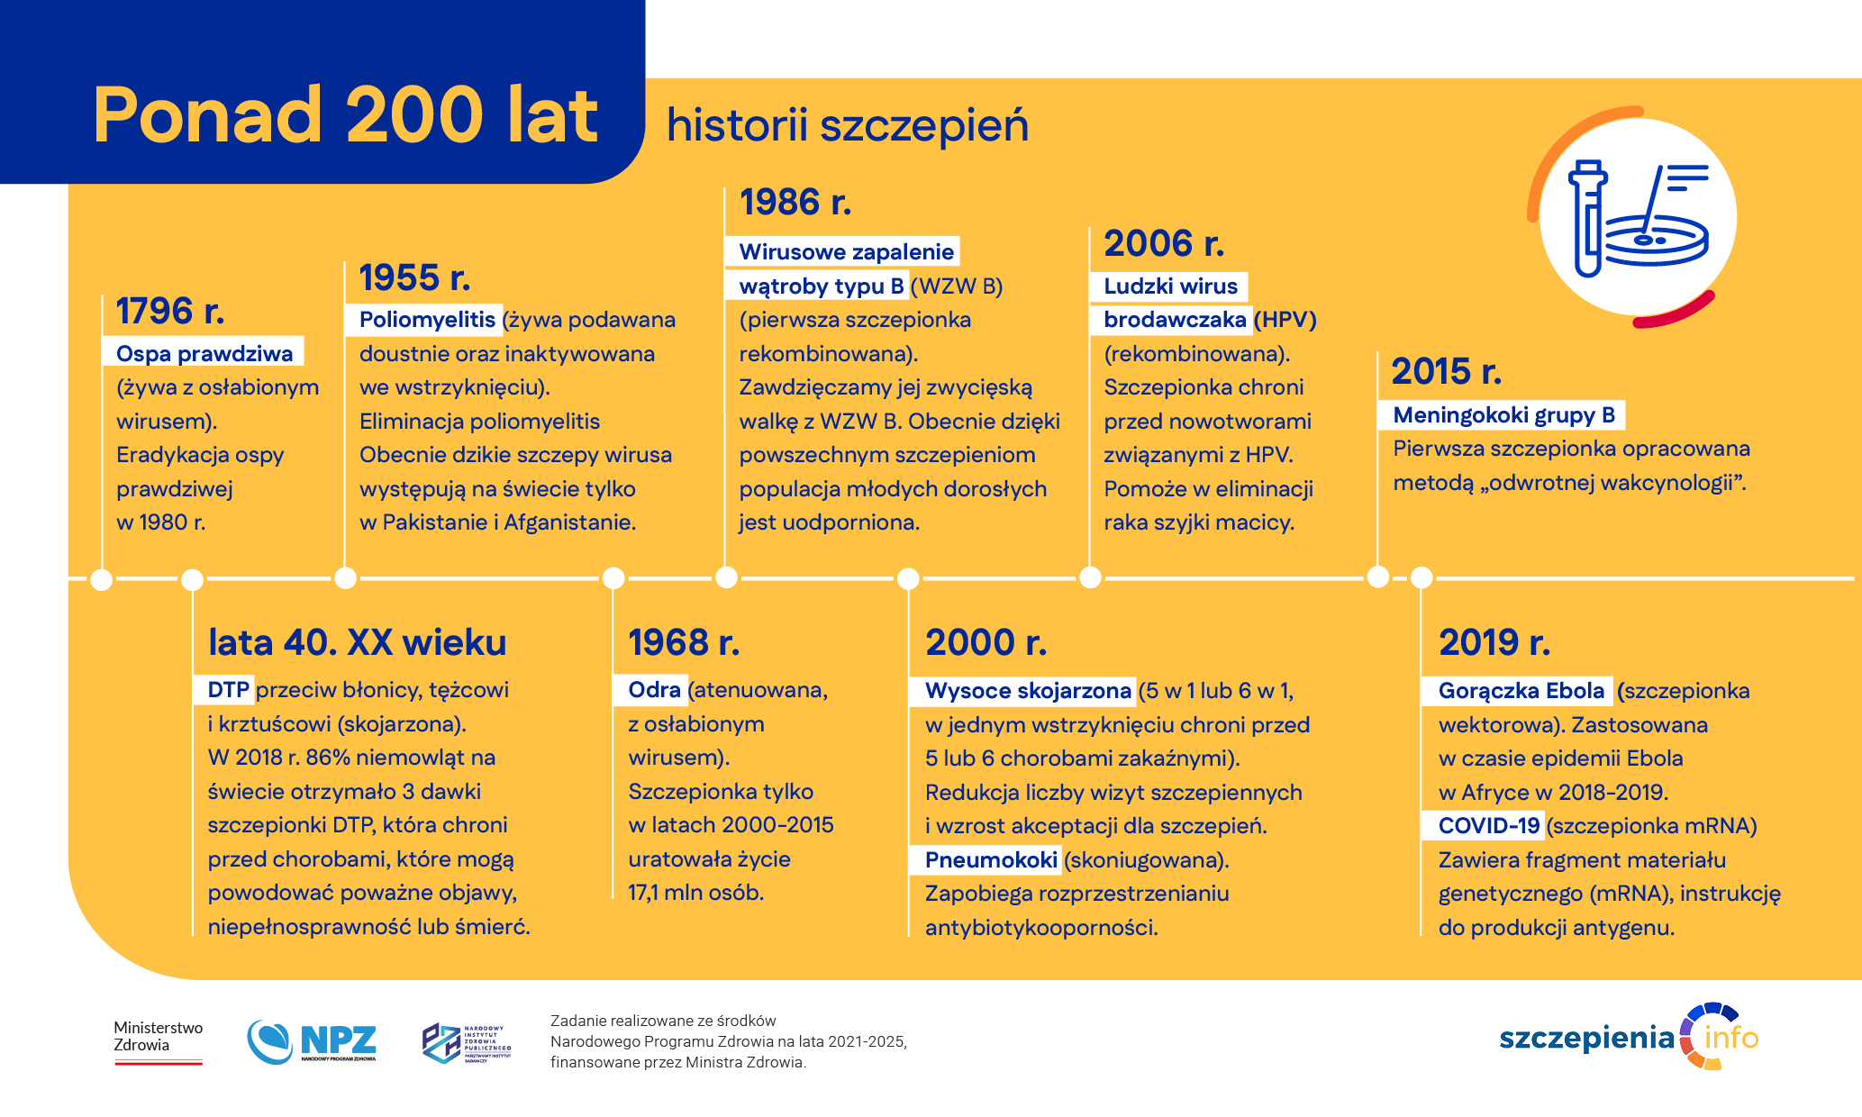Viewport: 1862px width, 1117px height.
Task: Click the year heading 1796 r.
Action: tap(169, 312)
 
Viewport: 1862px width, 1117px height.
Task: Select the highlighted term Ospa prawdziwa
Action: tap(204, 353)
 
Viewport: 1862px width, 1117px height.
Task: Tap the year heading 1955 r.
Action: tap(414, 278)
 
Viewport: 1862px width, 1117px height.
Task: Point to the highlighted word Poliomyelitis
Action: tap(426, 320)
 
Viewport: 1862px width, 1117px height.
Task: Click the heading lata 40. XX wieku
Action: tap(357, 643)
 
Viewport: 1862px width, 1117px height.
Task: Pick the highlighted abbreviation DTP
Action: tap(227, 690)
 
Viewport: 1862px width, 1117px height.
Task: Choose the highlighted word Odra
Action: tap(653, 690)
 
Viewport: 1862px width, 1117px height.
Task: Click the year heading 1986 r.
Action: tap(795, 203)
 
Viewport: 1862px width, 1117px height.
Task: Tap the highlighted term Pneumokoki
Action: tap(990, 860)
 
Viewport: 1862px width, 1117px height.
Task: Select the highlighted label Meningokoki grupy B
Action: tap(1503, 415)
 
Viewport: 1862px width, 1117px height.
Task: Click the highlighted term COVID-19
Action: tap(1488, 826)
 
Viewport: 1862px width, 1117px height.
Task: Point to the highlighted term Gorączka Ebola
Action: tap(1521, 691)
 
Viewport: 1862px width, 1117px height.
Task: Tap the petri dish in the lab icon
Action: tap(1656, 241)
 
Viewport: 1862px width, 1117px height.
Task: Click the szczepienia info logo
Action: tap(1628, 1038)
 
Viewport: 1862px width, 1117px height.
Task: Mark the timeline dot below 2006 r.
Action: tap(1090, 577)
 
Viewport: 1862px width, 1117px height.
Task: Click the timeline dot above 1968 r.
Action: tap(613, 577)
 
